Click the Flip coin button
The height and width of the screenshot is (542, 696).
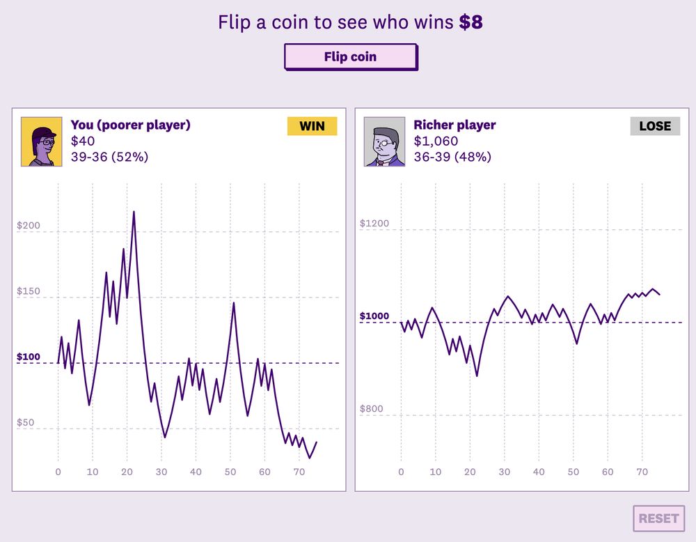pyautogui.click(x=351, y=57)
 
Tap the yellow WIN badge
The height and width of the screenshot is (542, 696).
pyautogui.click(x=312, y=126)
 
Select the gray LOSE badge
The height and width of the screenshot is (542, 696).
pyautogui.click(x=655, y=126)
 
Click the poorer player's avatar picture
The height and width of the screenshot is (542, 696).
pyautogui.click(x=42, y=141)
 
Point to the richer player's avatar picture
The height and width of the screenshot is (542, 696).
pyautogui.click(x=384, y=141)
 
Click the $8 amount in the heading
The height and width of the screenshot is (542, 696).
pyautogui.click(x=471, y=22)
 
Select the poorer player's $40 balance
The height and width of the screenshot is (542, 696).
pyautogui.click(x=83, y=141)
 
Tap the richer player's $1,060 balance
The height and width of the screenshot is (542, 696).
pyautogui.click(x=436, y=141)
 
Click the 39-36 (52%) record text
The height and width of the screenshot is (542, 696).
pyautogui.click(x=110, y=157)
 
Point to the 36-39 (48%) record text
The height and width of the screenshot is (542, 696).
pyautogui.click(x=452, y=157)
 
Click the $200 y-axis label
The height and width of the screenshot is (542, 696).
pyautogui.click(x=29, y=225)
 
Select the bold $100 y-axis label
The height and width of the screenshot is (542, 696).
pyautogui.click(x=29, y=357)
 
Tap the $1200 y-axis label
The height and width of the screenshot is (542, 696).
pyautogui.click(x=374, y=223)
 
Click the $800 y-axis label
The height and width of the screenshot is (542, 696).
pyautogui.click(x=371, y=409)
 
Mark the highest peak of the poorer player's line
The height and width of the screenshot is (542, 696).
pyautogui.click(x=134, y=212)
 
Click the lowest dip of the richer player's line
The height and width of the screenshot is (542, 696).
pyautogui.click(x=477, y=375)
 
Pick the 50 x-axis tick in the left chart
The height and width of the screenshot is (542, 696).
pyautogui.click(x=230, y=472)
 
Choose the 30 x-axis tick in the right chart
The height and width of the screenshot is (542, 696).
pyautogui.click(x=504, y=472)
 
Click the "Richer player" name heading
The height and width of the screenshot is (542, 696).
pyautogui.click(x=454, y=125)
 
